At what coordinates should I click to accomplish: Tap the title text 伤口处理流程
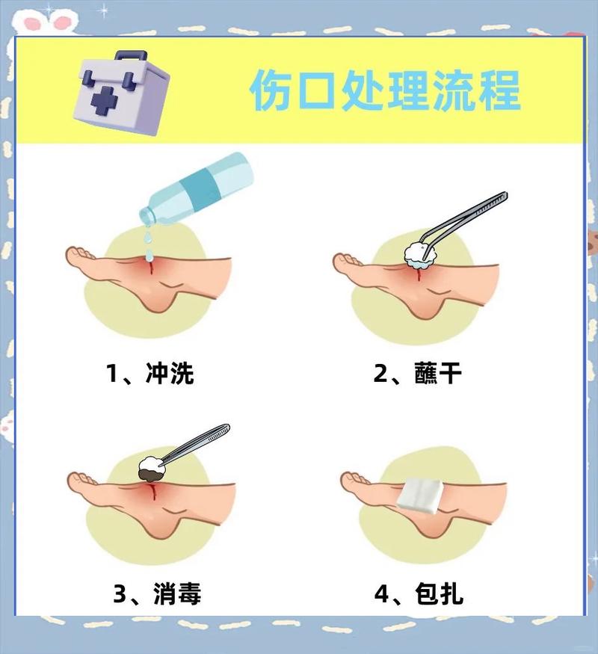(x=384, y=91)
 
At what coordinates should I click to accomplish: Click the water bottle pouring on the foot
(x=197, y=186)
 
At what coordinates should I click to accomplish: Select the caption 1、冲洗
(x=149, y=371)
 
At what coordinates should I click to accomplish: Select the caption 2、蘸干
(x=418, y=371)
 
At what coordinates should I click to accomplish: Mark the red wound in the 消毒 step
(x=152, y=490)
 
